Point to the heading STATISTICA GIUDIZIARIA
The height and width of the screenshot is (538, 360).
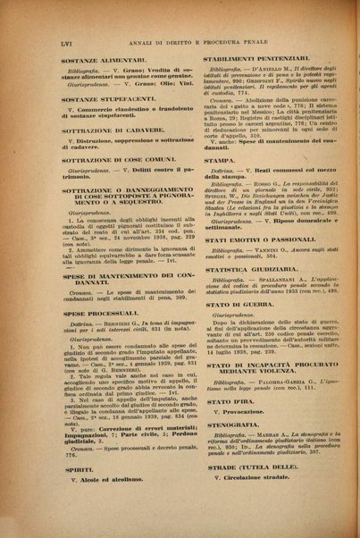tap(258, 290)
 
